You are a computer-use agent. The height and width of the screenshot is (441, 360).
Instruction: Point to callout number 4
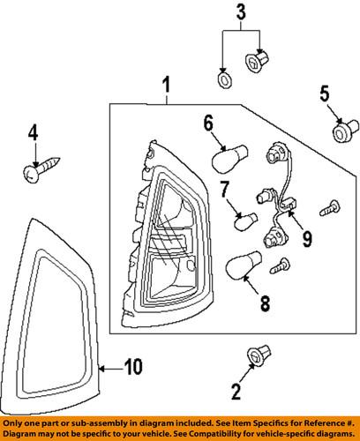pos(33,134)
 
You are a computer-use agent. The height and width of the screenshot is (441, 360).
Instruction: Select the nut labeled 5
pos(339,132)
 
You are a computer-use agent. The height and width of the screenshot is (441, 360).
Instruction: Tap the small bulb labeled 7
pos(244,220)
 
